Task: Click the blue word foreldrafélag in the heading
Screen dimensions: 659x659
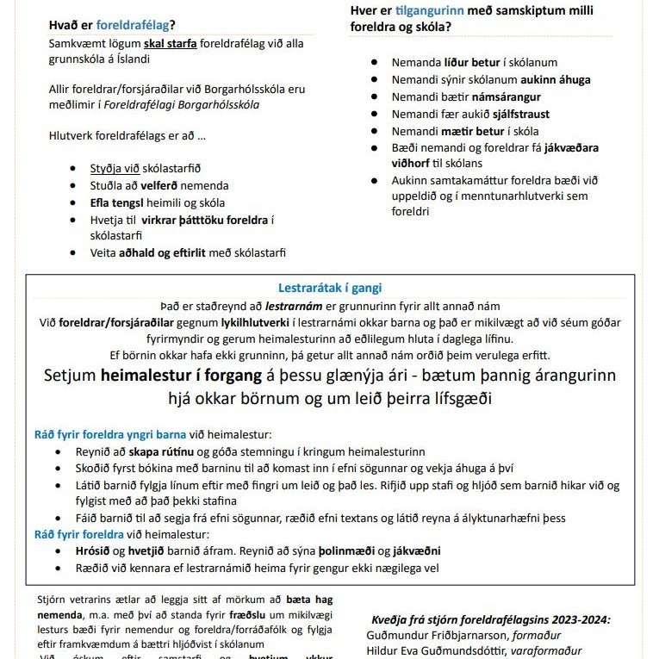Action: click(x=133, y=24)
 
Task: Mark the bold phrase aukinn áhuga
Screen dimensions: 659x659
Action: click(x=556, y=79)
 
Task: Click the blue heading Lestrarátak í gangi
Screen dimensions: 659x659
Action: click(x=330, y=288)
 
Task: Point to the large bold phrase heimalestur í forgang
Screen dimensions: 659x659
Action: click(x=179, y=376)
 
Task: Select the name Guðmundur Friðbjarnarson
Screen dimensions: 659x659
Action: click(x=434, y=635)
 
